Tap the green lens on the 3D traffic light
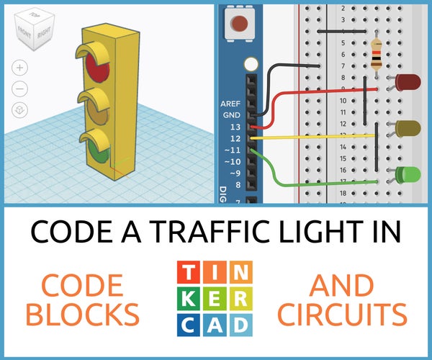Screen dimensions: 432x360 pyautogui.click(x=99, y=152)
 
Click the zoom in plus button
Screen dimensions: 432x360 pyautogui.click(x=20, y=68)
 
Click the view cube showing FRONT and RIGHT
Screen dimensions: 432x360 pyautogui.click(x=34, y=30)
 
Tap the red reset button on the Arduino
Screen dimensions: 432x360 pyautogui.click(x=239, y=24)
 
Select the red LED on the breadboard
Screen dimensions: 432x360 pyautogui.click(x=405, y=82)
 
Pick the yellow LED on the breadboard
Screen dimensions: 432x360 pyautogui.click(x=405, y=128)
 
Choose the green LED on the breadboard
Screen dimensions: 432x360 pyautogui.click(x=405, y=175)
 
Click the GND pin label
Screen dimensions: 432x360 pyautogui.click(x=232, y=115)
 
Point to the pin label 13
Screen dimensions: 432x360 pyautogui.click(x=235, y=127)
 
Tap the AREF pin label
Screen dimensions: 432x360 pyautogui.click(x=230, y=104)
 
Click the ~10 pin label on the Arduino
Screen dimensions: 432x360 pyautogui.click(x=233, y=162)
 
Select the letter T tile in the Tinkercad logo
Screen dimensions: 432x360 pyautogui.click(x=188, y=272)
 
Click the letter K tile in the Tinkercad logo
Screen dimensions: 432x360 pyautogui.click(x=188, y=299)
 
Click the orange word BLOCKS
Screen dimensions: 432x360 pyautogui.click(x=83, y=314)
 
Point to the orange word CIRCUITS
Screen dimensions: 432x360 pyautogui.click(x=343, y=314)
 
